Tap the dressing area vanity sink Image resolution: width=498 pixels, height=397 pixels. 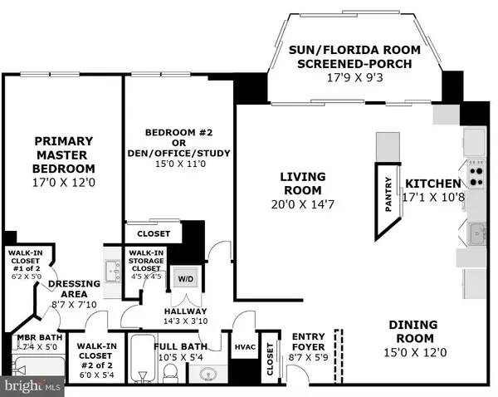(114, 268)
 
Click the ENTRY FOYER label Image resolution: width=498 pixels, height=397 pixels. (308, 342)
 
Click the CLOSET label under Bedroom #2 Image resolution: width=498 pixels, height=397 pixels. (153, 234)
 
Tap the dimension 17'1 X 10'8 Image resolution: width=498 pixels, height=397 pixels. (432, 197)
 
